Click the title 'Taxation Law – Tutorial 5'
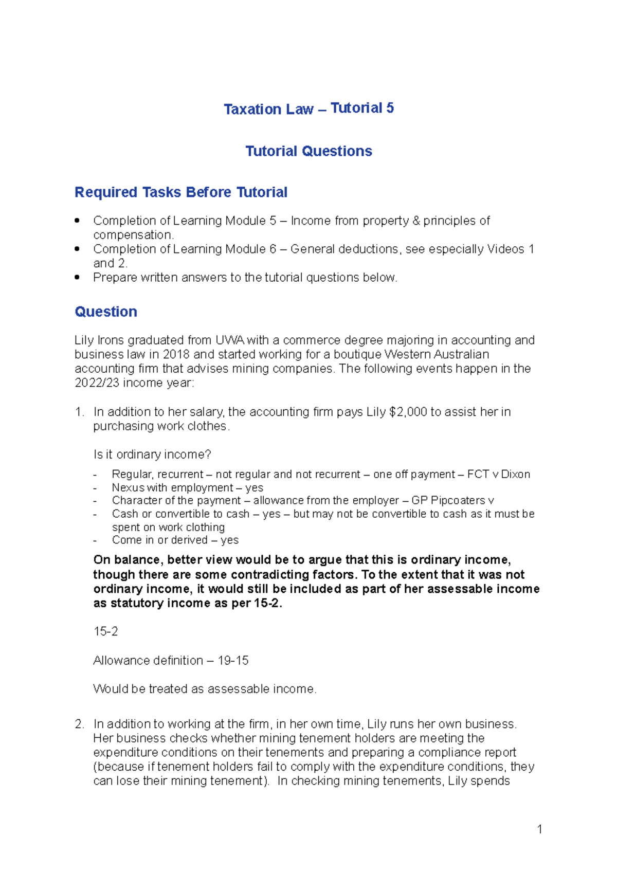(308, 108)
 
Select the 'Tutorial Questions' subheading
(308, 151)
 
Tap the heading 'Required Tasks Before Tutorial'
(181, 192)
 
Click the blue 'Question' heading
(106, 312)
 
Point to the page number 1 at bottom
(539, 829)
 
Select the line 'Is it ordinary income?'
(152, 454)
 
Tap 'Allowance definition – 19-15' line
(171, 660)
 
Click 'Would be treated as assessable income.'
(205, 689)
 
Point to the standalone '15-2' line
(105, 631)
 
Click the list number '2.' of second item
(79, 724)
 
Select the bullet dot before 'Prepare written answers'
(77, 277)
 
